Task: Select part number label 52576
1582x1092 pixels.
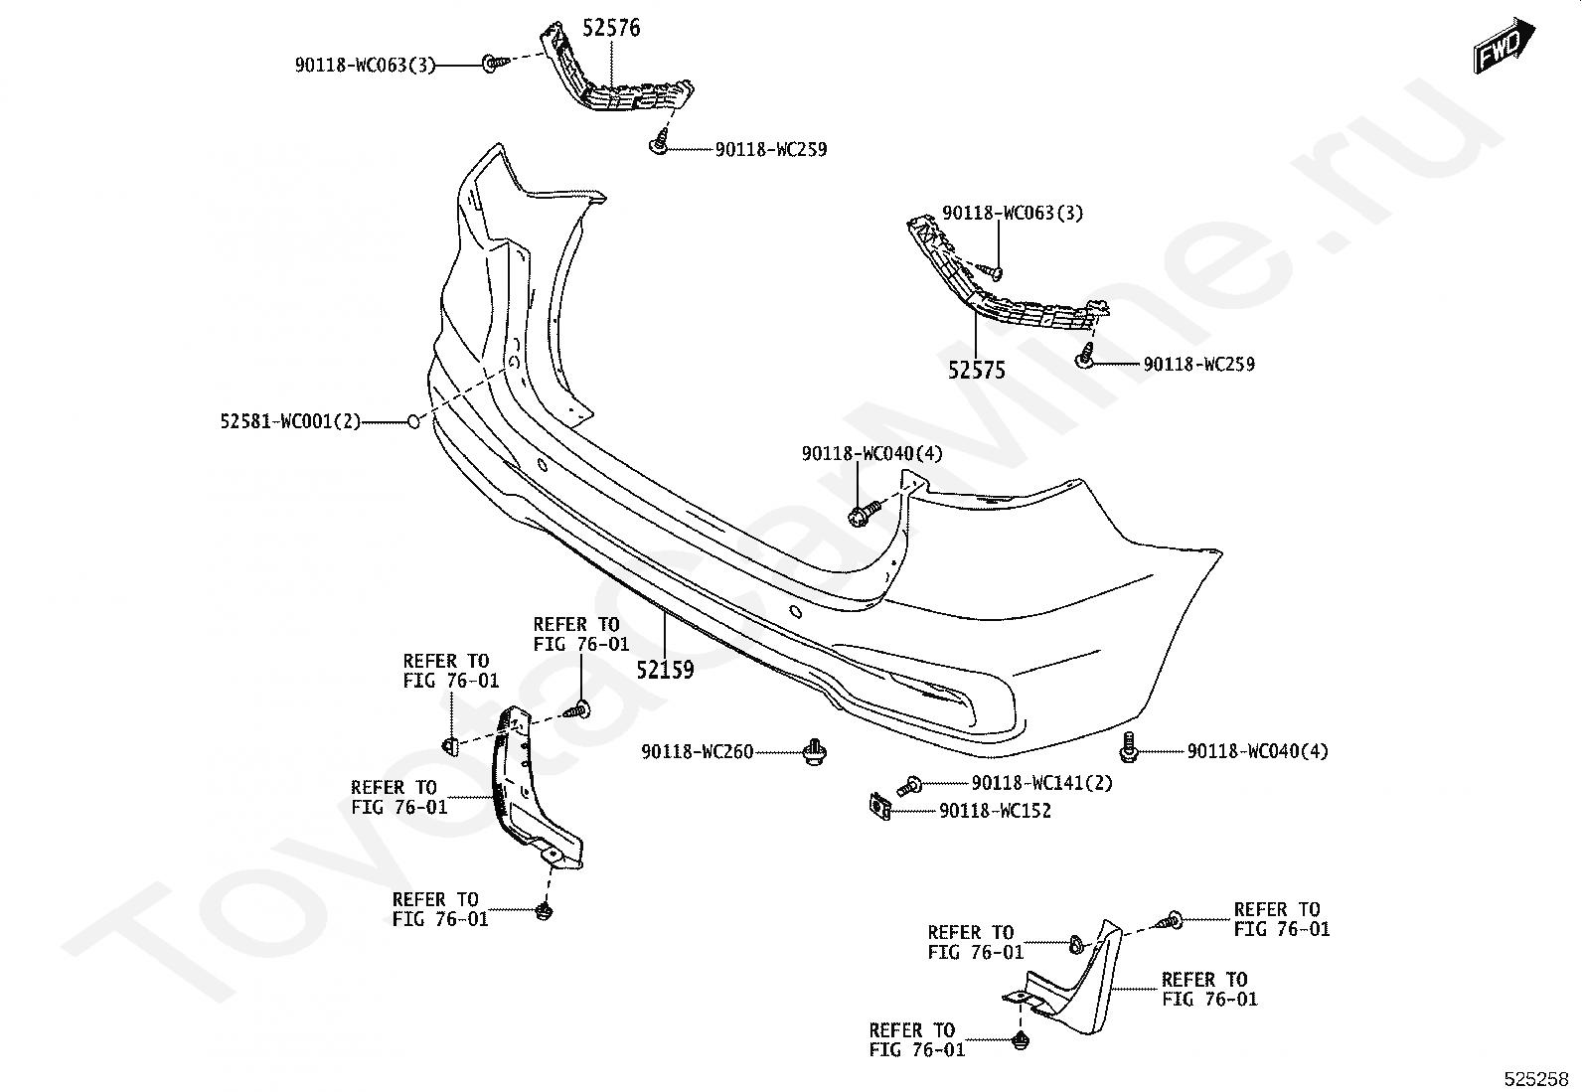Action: tap(611, 28)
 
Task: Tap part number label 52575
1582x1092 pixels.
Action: tap(977, 371)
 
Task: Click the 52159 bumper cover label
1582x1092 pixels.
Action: tap(665, 670)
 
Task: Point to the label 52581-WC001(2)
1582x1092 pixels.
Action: tap(290, 422)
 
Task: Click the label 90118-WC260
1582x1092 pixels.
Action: tap(697, 752)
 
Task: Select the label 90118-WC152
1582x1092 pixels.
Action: tap(995, 811)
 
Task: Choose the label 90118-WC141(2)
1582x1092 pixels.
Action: tap(1041, 783)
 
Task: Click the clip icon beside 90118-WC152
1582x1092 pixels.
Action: tap(879, 806)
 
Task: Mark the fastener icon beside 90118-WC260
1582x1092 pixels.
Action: tap(815, 752)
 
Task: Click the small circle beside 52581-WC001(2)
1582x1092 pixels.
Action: tap(413, 422)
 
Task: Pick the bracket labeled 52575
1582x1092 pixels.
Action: tap(1004, 283)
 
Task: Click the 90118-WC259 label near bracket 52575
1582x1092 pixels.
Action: tap(1198, 365)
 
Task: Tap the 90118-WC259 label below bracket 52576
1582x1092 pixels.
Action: tap(771, 150)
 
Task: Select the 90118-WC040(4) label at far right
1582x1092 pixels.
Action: tap(1257, 752)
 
